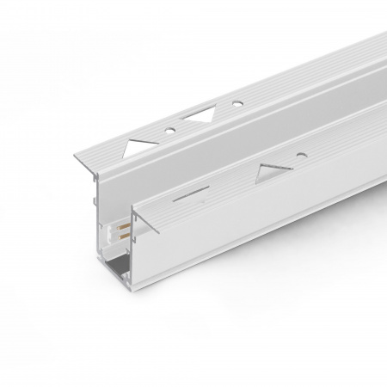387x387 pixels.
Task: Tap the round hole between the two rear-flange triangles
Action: coord(169,129)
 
